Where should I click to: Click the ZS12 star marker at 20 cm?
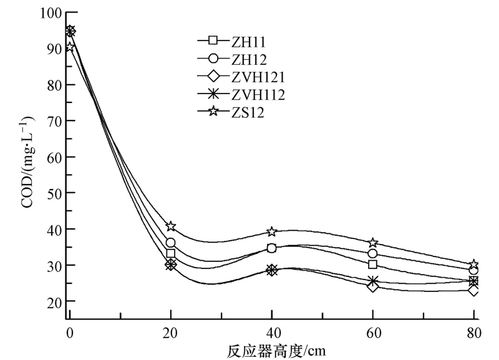pyautogui.click(x=171, y=226)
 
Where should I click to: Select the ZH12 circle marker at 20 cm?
pyautogui.click(x=171, y=243)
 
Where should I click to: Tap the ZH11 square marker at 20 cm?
pyautogui.click(x=171, y=253)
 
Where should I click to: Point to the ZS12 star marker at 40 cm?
pyautogui.click(x=272, y=231)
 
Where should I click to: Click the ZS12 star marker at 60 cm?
pyautogui.click(x=373, y=242)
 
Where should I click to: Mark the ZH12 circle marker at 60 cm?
pyautogui.click(x=373, y=253)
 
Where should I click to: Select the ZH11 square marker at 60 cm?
pyautogui.click(x=373, y=265)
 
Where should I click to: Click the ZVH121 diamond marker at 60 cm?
pyautogui.click(x=373, y=286)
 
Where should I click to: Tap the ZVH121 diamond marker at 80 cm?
pyautogui.click(x=474, y=290)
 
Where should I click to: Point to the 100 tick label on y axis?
pyautogui.click(x=51, y=12)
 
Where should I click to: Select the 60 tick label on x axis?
pyautogui.click(x=373, y=333)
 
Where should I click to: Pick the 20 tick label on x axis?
pyautogui.click(x=171, y=333)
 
